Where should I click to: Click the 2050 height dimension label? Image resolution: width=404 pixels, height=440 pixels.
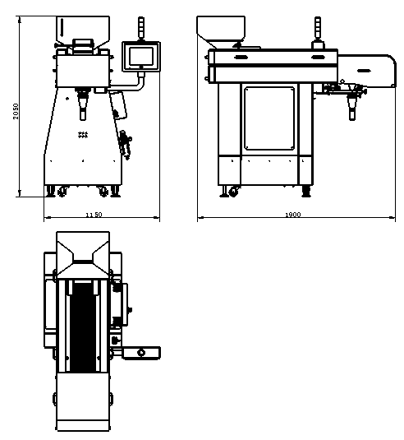tap(16, 111)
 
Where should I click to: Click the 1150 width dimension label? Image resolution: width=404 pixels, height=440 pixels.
tap(94, 215)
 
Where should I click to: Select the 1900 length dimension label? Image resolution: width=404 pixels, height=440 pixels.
tap(293, 215)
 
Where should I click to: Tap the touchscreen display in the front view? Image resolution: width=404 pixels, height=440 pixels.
tap(141, 57)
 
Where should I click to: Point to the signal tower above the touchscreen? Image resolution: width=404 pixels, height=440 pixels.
tap(141, 28)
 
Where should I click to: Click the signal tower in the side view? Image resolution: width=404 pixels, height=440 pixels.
tap(318, 28)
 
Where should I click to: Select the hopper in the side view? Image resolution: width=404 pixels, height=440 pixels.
tap(221, 31)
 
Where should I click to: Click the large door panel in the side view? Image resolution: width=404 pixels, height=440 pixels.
tap(269, 118)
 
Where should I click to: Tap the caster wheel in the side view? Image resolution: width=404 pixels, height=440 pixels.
tap(233, 192)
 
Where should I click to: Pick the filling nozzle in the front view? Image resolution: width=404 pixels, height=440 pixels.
tap(83, 105)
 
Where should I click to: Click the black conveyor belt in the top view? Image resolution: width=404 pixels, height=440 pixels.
tap(83, 327)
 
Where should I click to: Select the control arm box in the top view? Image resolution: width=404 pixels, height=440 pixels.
tap(141, 353)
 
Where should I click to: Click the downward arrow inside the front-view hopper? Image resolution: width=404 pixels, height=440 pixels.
tap(62, 27)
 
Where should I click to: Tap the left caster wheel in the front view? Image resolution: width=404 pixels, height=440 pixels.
tap(62, 192)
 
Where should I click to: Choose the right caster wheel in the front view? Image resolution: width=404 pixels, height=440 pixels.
tap(103, 192)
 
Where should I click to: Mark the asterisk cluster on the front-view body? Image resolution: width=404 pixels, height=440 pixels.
tap(83, 135)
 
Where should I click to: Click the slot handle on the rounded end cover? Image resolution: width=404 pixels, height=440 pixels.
tap(364, 71)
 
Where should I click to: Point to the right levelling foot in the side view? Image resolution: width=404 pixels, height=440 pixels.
tap(306, 192)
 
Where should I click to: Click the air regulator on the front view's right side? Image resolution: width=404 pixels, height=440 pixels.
tap(126, 145)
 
